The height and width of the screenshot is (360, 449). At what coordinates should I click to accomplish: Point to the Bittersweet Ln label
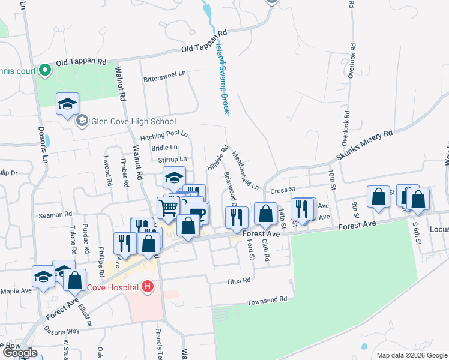point(164,79)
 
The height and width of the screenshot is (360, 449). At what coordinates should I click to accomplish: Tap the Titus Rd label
point(237,281)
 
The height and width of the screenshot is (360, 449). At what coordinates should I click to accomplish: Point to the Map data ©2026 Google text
point(411,355)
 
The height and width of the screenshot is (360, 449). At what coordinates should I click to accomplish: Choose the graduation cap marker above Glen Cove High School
point(68,103)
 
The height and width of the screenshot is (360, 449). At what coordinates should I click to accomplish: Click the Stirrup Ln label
point(173,159)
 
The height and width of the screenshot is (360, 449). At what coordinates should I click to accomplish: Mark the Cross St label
point(280,190)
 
